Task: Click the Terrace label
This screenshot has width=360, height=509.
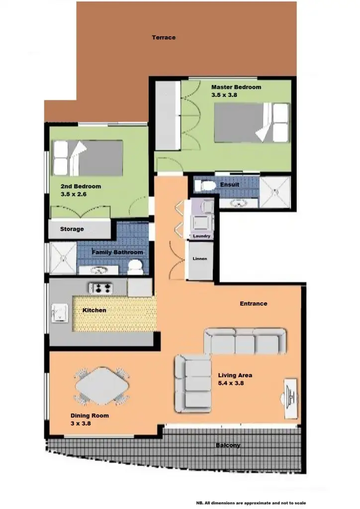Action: (164, 37)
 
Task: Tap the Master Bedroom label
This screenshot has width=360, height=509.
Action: (236, 87)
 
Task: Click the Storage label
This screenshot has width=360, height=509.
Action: (72, 229)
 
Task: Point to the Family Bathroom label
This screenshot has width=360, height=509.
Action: (117, 253)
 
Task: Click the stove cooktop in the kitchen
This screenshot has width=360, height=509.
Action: (101, 287)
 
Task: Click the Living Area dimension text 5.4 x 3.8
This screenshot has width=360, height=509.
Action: (231, 383)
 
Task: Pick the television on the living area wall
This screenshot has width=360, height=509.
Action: (290, 398)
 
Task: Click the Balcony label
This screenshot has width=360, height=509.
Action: (228, 445)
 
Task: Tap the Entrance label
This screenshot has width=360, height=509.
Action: (254, 303)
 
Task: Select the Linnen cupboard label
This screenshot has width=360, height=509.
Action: (200, 259)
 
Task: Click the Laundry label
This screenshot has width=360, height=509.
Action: (201, 236)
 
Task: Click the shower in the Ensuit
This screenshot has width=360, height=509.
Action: (275, 191)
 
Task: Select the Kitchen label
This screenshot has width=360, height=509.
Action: (94, 310)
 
